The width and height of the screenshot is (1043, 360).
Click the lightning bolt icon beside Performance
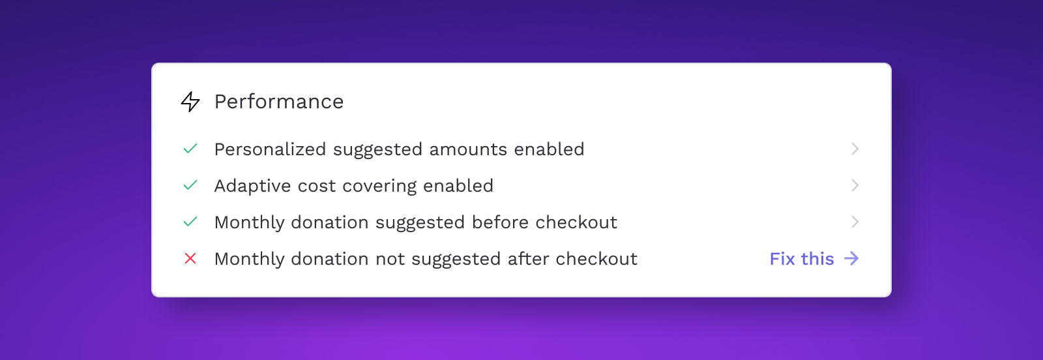coord(190,102)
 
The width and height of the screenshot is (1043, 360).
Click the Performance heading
coord(279,102)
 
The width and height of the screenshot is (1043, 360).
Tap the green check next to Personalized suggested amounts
coord(190,149)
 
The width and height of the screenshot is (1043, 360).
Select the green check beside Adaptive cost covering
coord(190,185)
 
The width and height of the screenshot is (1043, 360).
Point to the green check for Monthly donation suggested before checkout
coord(190,222)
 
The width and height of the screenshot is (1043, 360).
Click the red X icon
coord(190,258)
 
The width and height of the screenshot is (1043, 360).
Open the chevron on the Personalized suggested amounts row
coord(855,149)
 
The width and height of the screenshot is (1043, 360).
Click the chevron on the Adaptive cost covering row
coord(855,185)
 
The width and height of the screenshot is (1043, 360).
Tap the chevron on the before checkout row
coord(855,222)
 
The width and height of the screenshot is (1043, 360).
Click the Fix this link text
coord(801,259)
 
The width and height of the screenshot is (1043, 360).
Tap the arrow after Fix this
coord(851,258)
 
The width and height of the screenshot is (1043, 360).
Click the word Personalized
coord(270,149)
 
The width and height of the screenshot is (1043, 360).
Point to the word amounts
coord(468,149)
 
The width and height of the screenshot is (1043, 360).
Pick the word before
coord(500,222)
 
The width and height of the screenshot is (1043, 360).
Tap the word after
coord(528,259)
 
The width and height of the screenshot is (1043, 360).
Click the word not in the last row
coord(390,260)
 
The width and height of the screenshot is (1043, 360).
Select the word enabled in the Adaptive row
coord(458,186)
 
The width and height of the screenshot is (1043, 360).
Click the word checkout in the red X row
coord(596,259)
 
